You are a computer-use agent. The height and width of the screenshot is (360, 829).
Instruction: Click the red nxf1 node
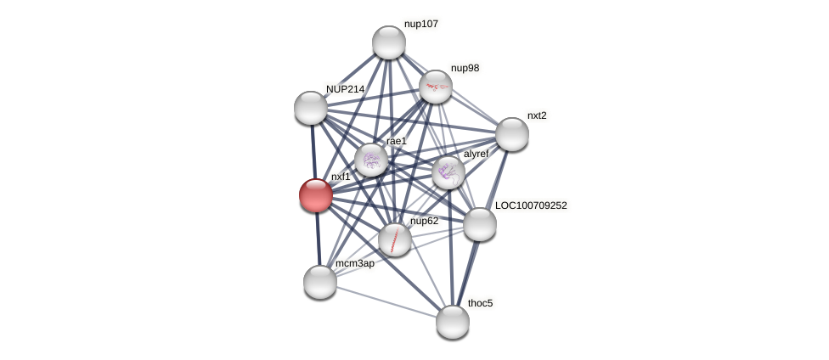tap(316, 194)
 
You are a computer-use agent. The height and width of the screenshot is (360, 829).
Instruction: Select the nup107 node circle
tap(389, 42)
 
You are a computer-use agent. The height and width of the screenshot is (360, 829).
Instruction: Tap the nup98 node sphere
tap(436, 87)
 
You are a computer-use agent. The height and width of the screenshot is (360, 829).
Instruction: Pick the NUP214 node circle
tap(311, 108)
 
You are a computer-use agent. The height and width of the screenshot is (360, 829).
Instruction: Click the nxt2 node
tap(512, 134)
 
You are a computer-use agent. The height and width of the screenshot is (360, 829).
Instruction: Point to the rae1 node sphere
tap(371, 160)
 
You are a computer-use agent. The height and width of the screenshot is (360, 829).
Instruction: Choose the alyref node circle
tap(448, 172)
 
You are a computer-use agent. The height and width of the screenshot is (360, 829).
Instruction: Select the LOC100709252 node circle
tap(480, 224)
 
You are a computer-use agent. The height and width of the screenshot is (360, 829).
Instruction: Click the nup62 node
tap(395, 239)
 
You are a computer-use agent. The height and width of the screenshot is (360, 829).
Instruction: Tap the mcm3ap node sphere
tap(320, 282)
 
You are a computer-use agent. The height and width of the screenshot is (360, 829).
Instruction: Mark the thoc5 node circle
tap(453, 322)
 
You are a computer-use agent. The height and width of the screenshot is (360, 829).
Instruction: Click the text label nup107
tap(421, 25)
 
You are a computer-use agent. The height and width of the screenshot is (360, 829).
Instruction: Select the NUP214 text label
tap(345, 89)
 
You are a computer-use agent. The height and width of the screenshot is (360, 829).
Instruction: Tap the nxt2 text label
tap(537, 115)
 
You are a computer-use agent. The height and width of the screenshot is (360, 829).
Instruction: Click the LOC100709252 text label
tap(531, 205)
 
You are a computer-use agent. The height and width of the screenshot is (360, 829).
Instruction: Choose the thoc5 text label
tap(480, 303)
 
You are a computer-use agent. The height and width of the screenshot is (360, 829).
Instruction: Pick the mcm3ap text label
tap(354, 264)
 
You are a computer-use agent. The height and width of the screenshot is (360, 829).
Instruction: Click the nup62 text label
tap(424, 222)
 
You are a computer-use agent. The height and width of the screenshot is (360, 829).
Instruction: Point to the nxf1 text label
tap(341, 177)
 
